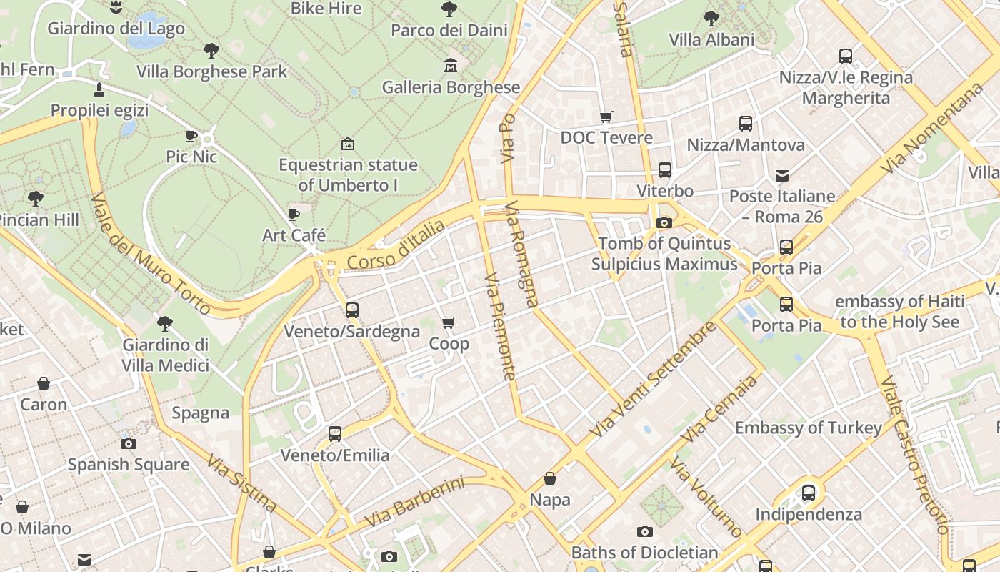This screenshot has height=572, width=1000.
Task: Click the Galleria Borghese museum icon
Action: point(451,66)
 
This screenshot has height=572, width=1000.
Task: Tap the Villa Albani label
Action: point(711,39)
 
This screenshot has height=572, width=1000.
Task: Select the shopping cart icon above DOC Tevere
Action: point(606,117)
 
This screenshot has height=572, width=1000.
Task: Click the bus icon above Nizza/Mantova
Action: point(746,124)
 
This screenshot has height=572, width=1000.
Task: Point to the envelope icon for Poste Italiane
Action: point(782,175)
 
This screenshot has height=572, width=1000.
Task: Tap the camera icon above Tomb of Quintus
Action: point(664,222)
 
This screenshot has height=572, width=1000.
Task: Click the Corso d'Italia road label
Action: point(396,245)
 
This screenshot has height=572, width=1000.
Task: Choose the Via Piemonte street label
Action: point(500,325)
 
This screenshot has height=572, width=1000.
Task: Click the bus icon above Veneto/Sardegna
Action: point(351,310)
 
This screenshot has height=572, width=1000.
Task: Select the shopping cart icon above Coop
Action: point(449,323)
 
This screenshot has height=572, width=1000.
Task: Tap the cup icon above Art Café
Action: point(293,214)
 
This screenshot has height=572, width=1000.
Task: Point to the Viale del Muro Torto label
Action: point(151,254)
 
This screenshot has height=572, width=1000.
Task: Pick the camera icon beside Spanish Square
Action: point(129,443)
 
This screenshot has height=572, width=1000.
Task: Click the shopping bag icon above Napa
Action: point(550,478)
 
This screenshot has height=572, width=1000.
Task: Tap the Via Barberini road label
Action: point(414,503)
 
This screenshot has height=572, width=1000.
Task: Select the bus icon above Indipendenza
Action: point(808,493)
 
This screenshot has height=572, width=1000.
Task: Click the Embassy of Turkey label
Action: point(809,428)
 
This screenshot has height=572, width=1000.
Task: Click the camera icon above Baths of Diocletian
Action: point(644,531)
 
